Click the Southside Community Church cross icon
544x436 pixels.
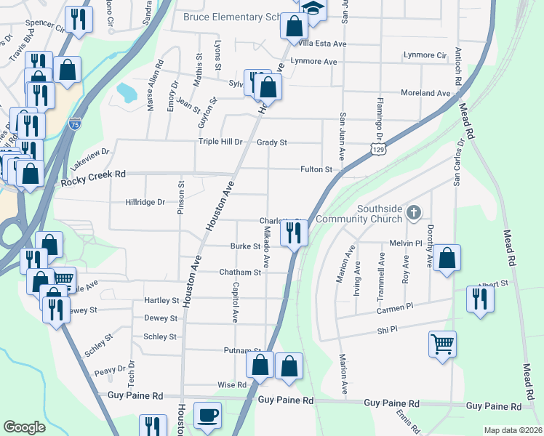414,213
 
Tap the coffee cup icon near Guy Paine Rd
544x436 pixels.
207,414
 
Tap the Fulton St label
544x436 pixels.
316,169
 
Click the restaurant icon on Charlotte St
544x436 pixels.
295,233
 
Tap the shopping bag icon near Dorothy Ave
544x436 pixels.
447,258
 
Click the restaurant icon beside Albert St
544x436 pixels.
479,299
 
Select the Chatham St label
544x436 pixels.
240,272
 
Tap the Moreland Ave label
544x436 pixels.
426,93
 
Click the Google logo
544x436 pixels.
24,427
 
